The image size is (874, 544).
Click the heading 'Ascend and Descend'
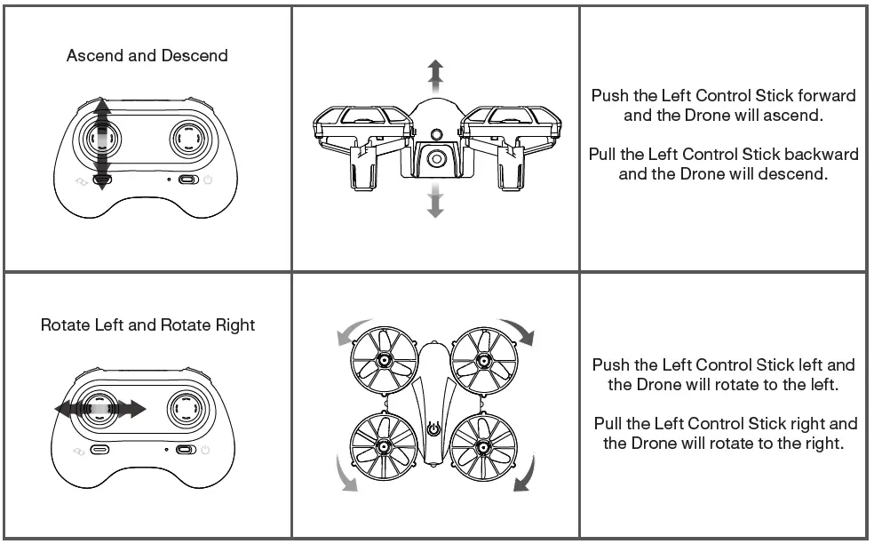pyautogui.click(x=147, y=56)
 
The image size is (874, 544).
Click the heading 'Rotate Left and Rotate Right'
pyautogui.click(x=147, y=325)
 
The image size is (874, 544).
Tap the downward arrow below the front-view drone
pyautogui.click(x=434, y=202)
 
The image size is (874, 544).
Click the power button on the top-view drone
pyautogui.click(x=434, y=428)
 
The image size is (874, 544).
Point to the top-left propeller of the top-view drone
pyautogui.click(x=384, y=359)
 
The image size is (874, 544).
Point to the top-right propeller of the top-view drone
pyautogui.click(x=484, y=359)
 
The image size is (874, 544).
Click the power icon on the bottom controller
pyautogui.click(x=207, y=450)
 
